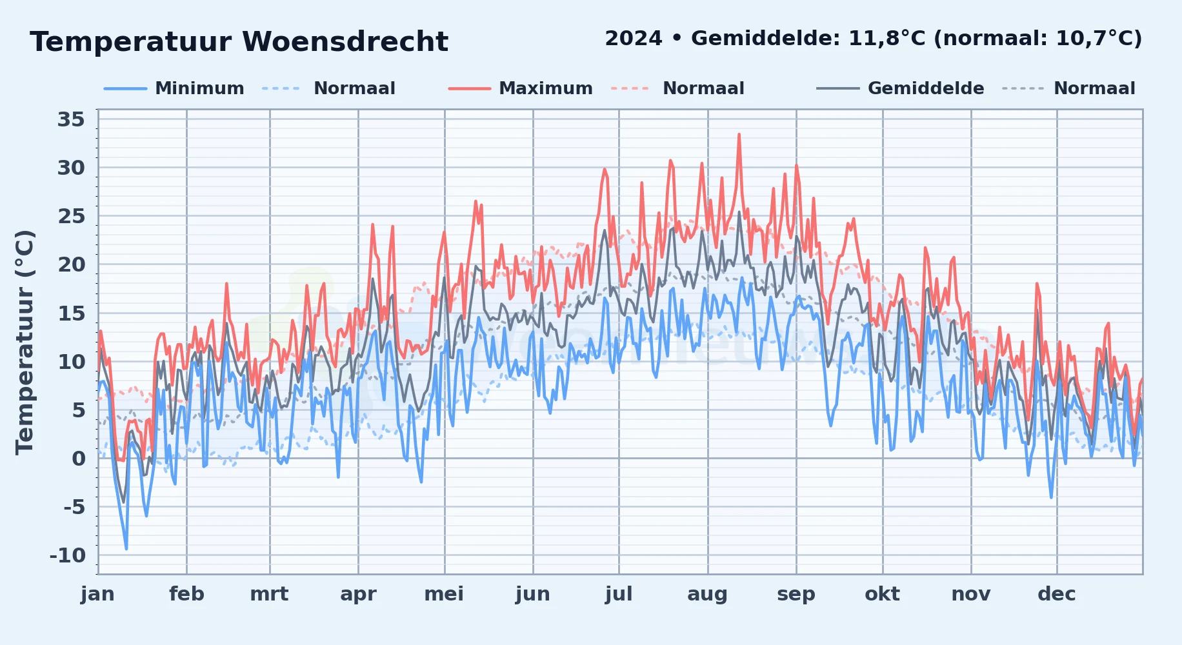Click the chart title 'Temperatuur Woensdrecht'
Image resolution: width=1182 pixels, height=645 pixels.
pos(239,42)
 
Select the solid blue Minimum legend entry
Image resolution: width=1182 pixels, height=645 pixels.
pos(174,88)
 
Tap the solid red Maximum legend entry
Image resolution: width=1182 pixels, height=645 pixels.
pos(520,88)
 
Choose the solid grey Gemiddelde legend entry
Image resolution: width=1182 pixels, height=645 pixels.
pos(900,88)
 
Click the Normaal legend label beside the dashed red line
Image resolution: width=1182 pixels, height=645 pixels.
pos(703,88)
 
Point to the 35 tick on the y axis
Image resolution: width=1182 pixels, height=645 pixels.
pos(71,119)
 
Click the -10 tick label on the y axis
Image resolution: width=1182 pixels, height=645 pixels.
pos(68,555)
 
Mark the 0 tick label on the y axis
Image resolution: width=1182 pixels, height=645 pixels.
pos(79,459)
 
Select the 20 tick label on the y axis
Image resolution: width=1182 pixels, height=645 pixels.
pos(71,264)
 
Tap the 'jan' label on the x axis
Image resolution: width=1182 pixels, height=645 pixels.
pos(98,594)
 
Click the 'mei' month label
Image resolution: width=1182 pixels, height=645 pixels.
pos(444,594)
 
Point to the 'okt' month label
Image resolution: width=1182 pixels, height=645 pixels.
pos(882,594)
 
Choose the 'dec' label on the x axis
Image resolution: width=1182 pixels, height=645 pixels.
pos(1057,594)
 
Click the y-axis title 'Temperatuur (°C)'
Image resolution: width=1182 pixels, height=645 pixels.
pos(25,342)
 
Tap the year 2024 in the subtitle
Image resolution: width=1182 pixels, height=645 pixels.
pos(634,39)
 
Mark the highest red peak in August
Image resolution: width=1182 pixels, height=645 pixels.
pos(739,134)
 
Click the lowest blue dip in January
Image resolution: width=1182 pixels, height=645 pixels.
pos(126,549)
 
